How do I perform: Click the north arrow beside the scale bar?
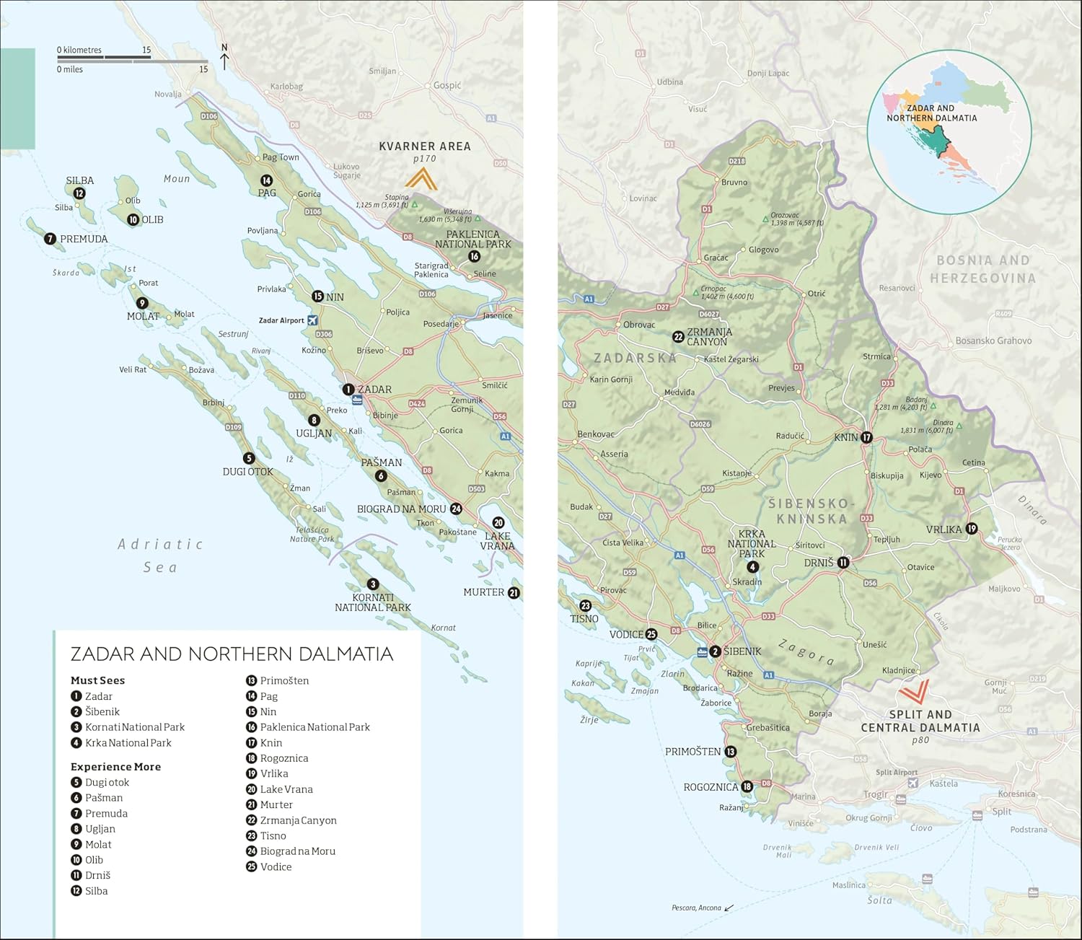point(224,58)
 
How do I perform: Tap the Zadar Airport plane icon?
point(312,320)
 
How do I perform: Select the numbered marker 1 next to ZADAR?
point(348,390)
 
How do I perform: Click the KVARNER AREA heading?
point(425,146)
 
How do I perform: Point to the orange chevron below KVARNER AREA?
point(421,178)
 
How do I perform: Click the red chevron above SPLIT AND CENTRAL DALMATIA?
point(912,691)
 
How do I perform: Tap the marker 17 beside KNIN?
point(866,437)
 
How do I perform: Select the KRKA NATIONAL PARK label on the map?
point(752,544)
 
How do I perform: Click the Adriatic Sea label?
point(160,555)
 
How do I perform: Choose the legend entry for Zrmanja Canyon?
point(298,820)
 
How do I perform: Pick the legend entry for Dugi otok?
point(107,782)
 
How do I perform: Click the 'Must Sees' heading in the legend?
point(97,680)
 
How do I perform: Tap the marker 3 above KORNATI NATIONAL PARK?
point(373,584)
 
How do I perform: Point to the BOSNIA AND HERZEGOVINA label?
point(982,269)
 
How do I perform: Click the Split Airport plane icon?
point(913,783)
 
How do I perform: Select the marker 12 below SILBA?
point(79,193)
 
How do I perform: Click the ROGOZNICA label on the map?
point(711,787)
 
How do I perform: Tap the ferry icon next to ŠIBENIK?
point(702,652)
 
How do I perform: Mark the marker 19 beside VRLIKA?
point(972,529)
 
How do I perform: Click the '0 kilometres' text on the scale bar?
point(79,50)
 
